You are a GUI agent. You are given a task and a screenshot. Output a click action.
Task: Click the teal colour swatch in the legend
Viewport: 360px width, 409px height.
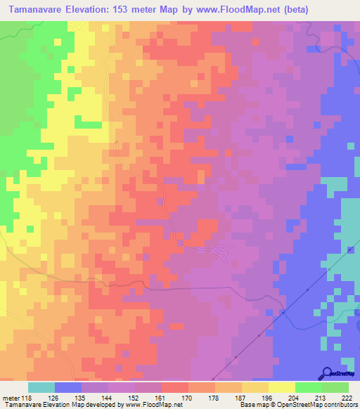(41, 387)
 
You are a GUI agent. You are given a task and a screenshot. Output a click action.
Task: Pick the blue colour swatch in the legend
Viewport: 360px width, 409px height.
(68, 387)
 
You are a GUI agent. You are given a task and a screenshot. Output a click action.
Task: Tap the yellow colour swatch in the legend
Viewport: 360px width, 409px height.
(282, 387)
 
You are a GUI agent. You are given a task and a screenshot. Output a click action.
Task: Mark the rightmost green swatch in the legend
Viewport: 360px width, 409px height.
(335, 387)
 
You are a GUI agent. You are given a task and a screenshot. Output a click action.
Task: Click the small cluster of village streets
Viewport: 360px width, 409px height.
(224, 252)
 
